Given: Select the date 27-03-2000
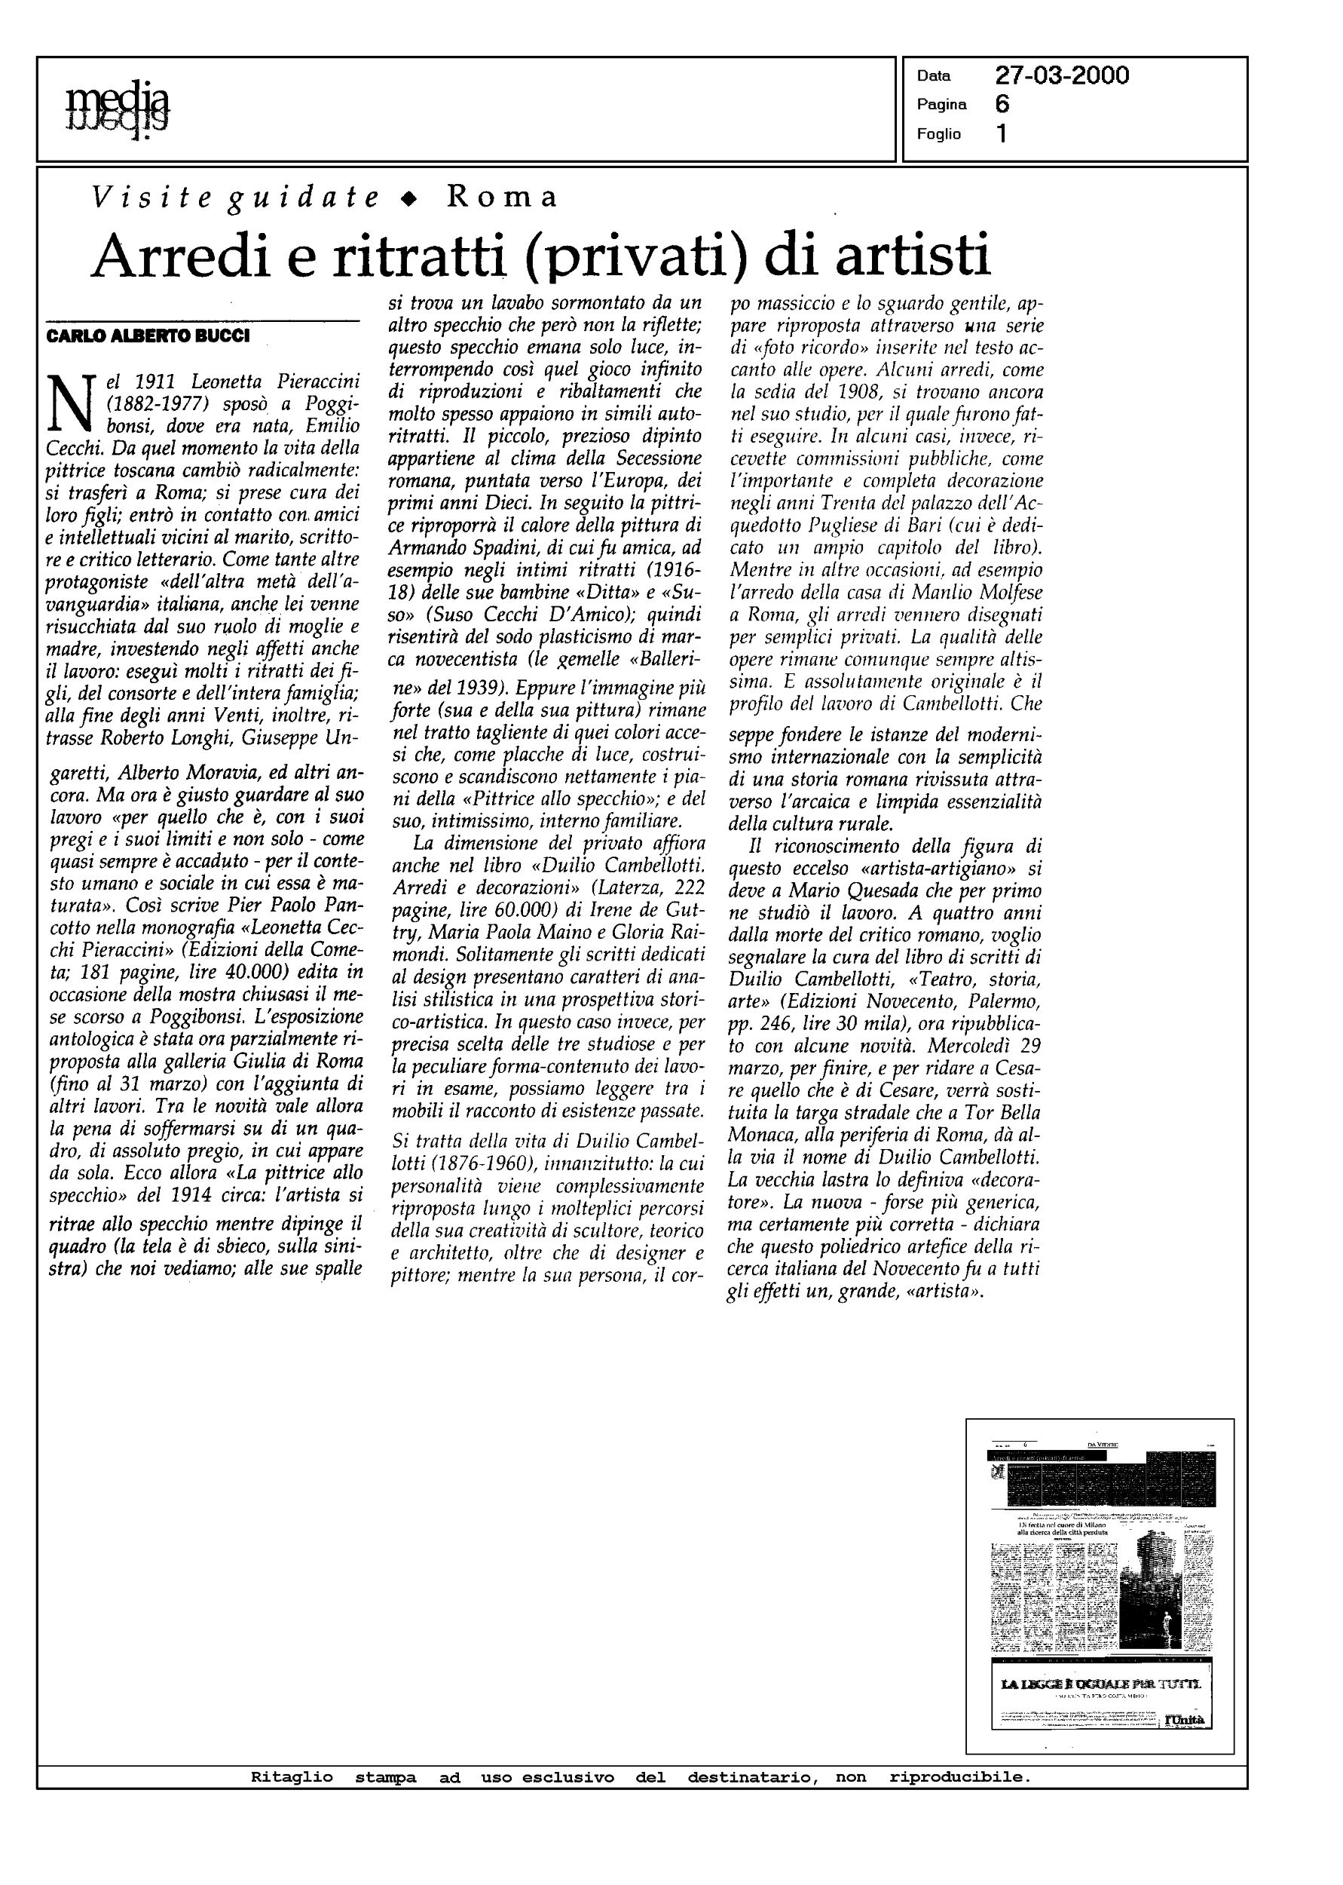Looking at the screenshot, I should pos(1062,76).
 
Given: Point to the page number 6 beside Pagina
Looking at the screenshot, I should pos(1002,104).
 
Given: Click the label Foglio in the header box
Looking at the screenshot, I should pos(938,134).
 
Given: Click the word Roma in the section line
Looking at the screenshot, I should pos(502,197).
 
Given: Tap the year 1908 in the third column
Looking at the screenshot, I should pos(858,391).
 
